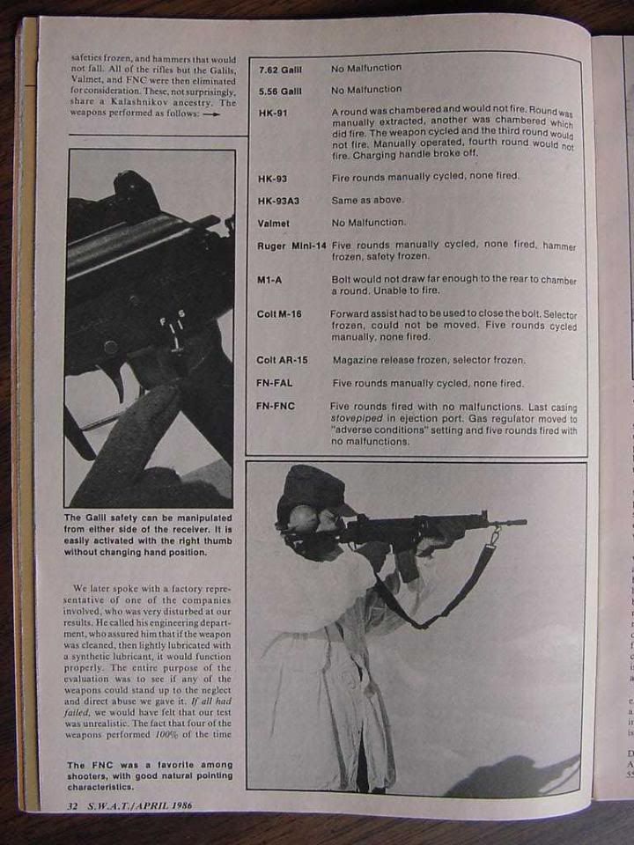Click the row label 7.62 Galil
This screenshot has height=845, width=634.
pyautogui.click(x=279, y=69)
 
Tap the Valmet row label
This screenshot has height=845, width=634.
pyautogui.click(x=273, y=224)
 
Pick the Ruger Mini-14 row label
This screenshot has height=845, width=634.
pyautogui.click(x=290, y=246)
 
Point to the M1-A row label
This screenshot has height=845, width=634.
pyautogui.click(x=269, y=280)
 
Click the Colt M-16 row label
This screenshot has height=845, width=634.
pyautogui.click(x=279, y=314)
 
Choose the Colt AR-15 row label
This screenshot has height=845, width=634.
pyautogui.click(x=283, y=360)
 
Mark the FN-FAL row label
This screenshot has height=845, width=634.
pyautogui.click(x=275, y=384)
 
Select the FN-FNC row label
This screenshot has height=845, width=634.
pyautogui.click(x=275, y=408)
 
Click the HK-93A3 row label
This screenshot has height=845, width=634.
pyautogui.click(x=280, y=201)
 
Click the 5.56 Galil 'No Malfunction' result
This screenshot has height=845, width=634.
pyautogui.click(x=366, y=90)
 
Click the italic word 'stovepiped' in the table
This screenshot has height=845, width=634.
pyautogui.click(x=356, y=419)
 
